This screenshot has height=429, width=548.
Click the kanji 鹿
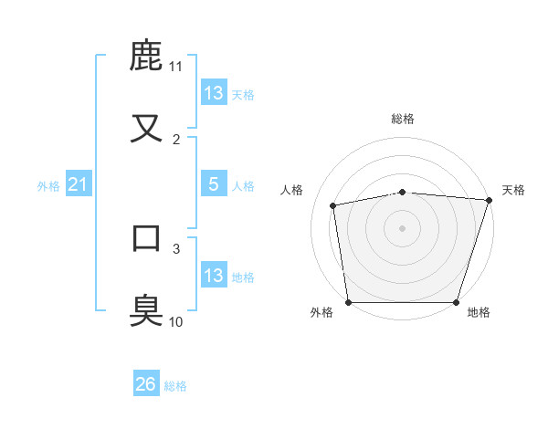147,56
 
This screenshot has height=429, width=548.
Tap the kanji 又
147,127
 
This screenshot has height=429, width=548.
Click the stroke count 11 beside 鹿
175,67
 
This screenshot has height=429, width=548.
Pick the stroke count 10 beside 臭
175,321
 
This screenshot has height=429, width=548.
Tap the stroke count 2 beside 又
175,139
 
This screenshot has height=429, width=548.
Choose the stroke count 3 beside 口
175,247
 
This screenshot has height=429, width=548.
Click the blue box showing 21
78,185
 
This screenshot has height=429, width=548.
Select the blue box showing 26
146,385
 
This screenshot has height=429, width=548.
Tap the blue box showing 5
214,184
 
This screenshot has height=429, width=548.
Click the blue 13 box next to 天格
214,93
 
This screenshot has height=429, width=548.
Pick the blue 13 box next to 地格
214,276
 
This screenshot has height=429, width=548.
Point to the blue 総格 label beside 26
175,386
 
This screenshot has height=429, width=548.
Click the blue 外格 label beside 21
48,186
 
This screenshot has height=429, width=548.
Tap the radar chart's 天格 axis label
513,190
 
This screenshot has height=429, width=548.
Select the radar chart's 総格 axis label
403,119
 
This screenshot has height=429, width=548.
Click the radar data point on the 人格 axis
333,205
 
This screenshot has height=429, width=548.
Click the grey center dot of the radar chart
403,227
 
